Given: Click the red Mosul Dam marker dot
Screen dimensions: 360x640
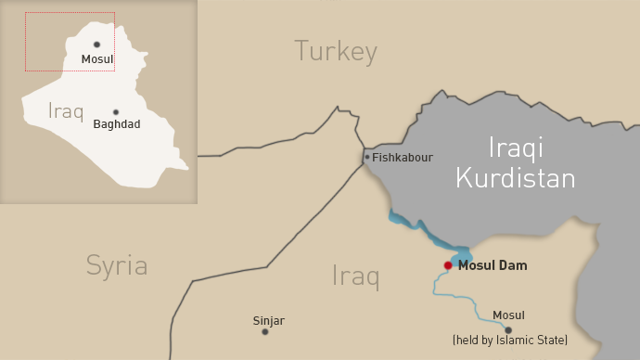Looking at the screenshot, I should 448,265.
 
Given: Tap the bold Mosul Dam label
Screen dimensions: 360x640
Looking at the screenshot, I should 493,265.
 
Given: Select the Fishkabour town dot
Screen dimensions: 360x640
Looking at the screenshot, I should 367,157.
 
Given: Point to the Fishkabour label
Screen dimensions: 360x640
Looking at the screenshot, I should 403,158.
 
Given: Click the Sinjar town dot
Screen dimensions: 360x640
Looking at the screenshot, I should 265,331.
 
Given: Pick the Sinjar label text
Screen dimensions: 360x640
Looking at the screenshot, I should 268,321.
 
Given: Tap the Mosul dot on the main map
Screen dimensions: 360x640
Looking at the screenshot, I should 507,329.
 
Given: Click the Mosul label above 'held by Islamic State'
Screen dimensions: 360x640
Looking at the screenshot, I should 508,315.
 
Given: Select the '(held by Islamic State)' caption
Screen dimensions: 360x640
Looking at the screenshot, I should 510,341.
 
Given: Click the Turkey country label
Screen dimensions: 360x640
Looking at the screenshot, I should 336,51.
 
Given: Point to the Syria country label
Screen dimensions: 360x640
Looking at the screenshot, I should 117,265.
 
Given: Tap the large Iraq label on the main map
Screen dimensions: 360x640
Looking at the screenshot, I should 356,276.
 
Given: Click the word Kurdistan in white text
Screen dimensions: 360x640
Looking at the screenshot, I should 516,176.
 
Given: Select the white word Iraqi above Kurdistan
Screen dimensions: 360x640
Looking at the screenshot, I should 516,147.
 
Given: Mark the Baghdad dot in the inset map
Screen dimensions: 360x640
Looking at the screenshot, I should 116,111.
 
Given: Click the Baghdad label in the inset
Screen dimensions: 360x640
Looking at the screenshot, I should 117,124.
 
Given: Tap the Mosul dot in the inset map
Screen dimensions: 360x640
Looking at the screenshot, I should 96,45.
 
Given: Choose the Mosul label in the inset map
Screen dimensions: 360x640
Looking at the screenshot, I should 96,59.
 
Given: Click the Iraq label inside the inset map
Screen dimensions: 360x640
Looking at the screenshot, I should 66,112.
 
